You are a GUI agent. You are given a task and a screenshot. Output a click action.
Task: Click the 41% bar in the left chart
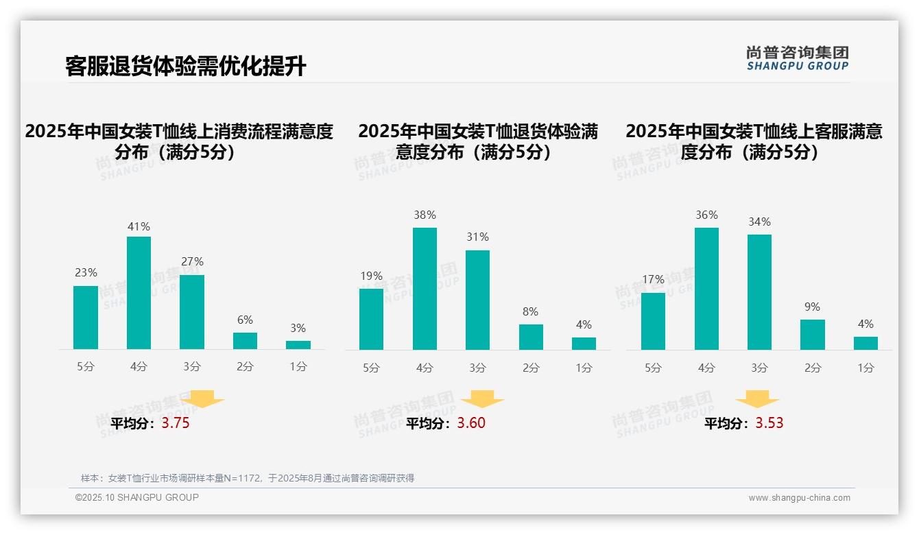tap(139, 293)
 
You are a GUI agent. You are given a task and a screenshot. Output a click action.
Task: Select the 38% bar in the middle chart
tap(425, 289)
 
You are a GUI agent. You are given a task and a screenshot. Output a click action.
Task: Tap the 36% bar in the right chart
tap(706, 289)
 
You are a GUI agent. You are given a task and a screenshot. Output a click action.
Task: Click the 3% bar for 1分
tap(298, 345)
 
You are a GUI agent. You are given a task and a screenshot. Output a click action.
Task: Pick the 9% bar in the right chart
tap(813, 335)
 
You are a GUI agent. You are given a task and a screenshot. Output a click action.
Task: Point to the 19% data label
tap(371, 276)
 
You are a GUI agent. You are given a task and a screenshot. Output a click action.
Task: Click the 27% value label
tap(192, 262)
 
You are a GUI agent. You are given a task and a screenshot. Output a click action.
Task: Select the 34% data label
tap(759, 222)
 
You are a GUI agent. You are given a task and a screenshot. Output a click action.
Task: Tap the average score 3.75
tap(176, 423)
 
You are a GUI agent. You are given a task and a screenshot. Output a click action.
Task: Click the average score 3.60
tap(471, 423)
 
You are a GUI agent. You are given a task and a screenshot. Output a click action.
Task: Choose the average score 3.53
tap(769, 423)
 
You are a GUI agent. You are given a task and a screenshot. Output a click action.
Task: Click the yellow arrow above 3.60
tap(482, 399)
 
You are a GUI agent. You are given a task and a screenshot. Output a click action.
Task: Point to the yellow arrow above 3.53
tap(757, 399)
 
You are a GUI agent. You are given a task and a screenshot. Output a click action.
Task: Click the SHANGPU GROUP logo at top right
tap(797, 58)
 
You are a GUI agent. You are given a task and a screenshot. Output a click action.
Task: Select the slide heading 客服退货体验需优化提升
tap(185, 67)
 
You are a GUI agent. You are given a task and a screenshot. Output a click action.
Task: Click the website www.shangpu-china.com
tap(799, 498)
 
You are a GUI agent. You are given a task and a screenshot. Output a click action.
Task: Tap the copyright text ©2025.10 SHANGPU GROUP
tap(137, 497)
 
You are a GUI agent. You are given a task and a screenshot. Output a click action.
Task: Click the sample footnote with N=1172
tap(248, 478)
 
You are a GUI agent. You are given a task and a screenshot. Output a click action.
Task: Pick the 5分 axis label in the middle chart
tap(371, 368)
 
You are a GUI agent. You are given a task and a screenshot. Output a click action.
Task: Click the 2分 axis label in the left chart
tap(245, 367)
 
